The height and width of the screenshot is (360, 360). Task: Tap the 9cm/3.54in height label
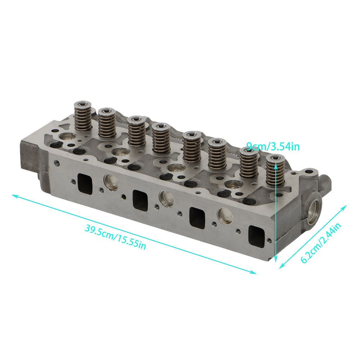[x=273, y=146]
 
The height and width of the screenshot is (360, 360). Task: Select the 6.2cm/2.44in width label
[x=321, y=243]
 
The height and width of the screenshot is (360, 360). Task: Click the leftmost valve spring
[x=83, y=116]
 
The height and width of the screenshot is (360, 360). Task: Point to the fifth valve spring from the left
[x=192, y=146]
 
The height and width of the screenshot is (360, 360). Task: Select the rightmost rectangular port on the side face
[x=257, y=237]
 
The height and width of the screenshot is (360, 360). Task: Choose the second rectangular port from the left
[x=140, y=200]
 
